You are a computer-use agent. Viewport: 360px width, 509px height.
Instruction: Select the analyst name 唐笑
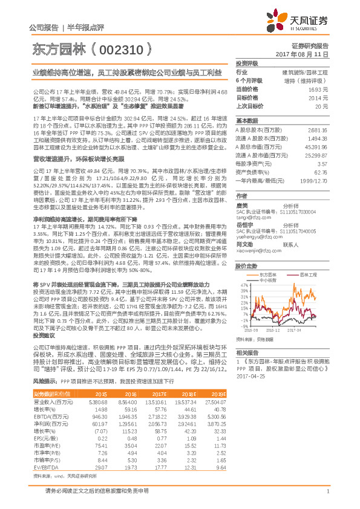tap(241, 206)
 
